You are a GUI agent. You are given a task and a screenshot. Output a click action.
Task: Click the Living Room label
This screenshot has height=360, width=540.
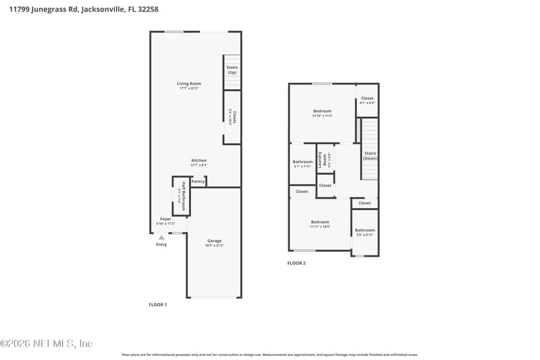click(190, 84)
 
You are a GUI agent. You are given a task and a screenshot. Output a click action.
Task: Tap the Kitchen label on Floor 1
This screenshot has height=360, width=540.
click(198, 161)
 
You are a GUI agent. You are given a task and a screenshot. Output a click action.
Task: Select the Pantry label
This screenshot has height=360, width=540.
click(198, 181)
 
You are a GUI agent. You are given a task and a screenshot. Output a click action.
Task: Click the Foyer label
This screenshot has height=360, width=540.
click(165, 219)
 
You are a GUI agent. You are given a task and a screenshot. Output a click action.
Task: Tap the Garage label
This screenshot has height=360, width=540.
click(214, 240)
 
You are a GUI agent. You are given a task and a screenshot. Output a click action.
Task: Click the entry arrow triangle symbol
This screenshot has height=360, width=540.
click(161, 237)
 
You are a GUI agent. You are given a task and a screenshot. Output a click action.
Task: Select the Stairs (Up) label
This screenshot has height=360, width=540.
click(232, 70)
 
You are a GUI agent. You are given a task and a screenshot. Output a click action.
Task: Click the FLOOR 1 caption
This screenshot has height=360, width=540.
click(157, 305)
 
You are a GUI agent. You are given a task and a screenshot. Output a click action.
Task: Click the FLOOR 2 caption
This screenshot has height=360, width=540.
click(296, 263)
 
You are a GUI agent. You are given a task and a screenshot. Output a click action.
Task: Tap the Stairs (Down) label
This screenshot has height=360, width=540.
click(370, 155)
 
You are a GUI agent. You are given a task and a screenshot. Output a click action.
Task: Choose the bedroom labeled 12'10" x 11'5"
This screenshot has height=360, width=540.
click(322, 113)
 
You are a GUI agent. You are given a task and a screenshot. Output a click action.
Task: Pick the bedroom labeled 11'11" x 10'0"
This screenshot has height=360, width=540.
click(320, 224)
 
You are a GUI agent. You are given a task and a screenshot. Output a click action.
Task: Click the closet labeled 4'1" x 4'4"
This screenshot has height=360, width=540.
click(367, 100)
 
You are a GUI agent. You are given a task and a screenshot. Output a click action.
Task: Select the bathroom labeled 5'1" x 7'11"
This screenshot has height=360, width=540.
click(302, 163)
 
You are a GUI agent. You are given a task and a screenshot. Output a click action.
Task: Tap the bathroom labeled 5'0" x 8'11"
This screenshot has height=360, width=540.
click(364, 232)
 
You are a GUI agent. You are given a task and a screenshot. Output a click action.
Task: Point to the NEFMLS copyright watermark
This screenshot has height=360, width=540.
click(47, 343)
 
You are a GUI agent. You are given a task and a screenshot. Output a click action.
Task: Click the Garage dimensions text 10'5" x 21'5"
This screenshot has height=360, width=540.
click(214, 246)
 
